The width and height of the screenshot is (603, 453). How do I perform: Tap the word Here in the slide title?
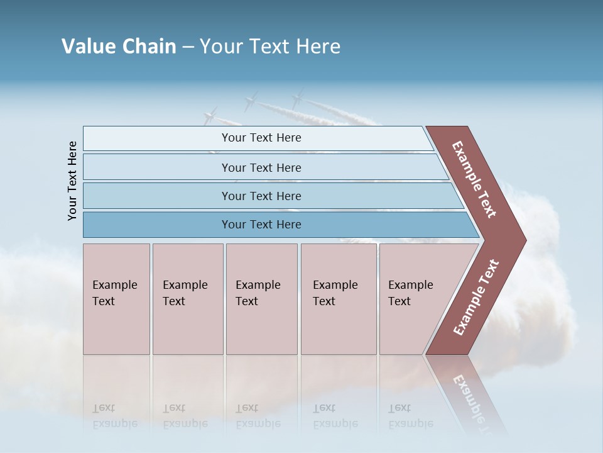pyautogui.click(x=318, y=47)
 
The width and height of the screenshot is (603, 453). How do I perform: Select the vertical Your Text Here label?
pyautogui.click(x=72, y=181)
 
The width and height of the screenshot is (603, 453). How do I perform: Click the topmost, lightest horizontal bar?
pyautogui.click(x=261, y=138)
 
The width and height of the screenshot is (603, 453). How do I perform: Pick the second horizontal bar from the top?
pyautogui.click(x=261, y=167)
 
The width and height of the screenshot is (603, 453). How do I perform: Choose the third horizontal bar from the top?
pyautogui.click(x=261, y=196)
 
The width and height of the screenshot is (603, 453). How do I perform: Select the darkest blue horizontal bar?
pyautogui.click(x=261, y=225)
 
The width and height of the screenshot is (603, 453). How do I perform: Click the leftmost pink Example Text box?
pyautogui.click(x=116, y=299)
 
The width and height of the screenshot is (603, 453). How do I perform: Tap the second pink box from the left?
pyautogui.click(x=187, y=299)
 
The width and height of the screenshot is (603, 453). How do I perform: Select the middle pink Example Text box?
pyautogui.click(x=261, y=299)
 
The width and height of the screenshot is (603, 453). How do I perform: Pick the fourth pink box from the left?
pyautogui.click(x=338, y=299)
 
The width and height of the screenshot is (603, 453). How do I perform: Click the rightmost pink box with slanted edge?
pyautogui.click(x=418, y=299)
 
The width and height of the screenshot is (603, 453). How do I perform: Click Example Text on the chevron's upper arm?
pyautogui.click(x=474, y=179)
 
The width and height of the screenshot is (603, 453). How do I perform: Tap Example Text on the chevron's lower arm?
pyautogui.click(x=476, y=298)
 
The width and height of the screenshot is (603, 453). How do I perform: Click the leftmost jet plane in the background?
pyautogui.click(x=210, y=115)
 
